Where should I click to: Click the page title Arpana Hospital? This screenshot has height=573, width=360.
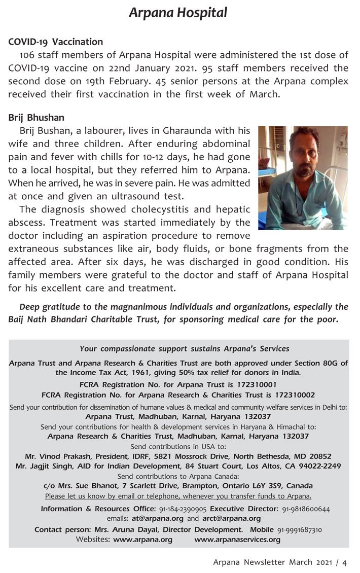click(x=178, y=13)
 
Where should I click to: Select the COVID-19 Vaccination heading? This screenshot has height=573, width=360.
click(x=56, y=42)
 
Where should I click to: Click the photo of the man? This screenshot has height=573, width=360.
click(x=303, y=178)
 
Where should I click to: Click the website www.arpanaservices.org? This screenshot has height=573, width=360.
click(x=237, y=540)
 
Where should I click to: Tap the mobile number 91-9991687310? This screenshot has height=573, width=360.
click(x=299, y=529)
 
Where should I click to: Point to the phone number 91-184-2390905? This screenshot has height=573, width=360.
click(x=183, y=508)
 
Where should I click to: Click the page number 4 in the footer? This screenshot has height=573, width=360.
click(x=344, y=562)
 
